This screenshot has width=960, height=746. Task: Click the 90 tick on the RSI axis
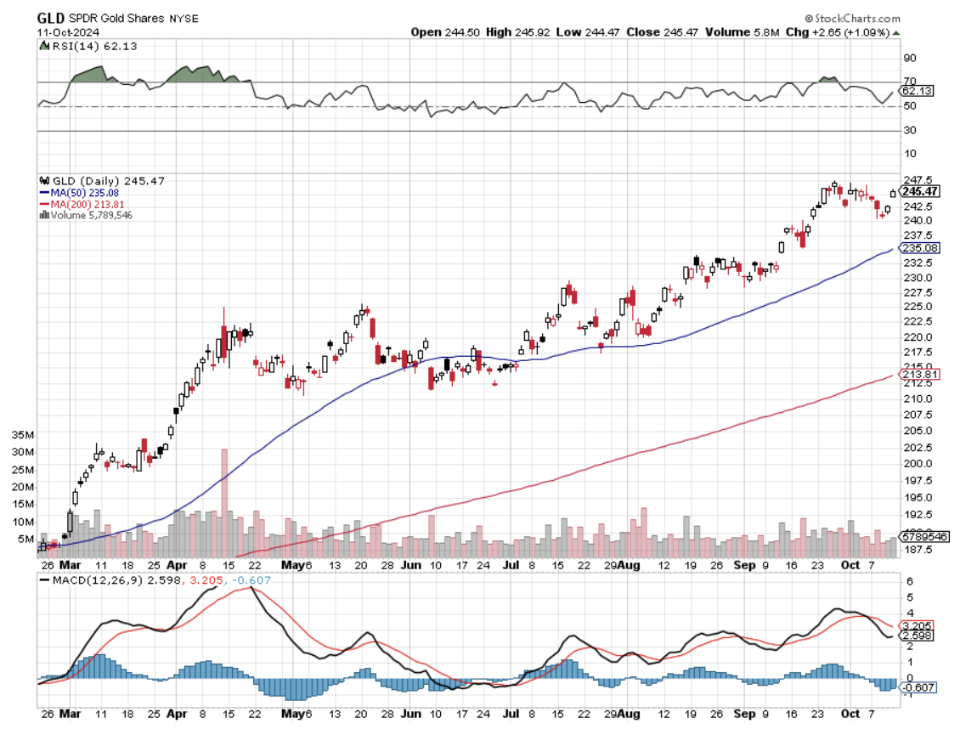pos(909,58)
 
